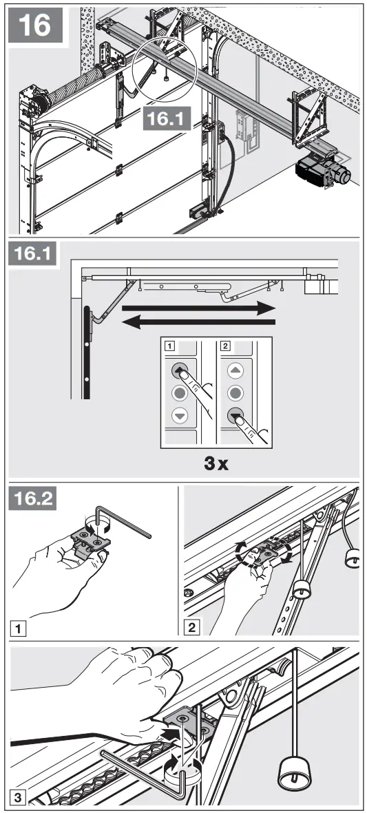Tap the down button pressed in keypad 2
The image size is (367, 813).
(x=236, y=416)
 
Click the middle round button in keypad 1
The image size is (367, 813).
(x=180, y=394)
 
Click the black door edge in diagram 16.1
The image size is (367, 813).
(x=86, y=351)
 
